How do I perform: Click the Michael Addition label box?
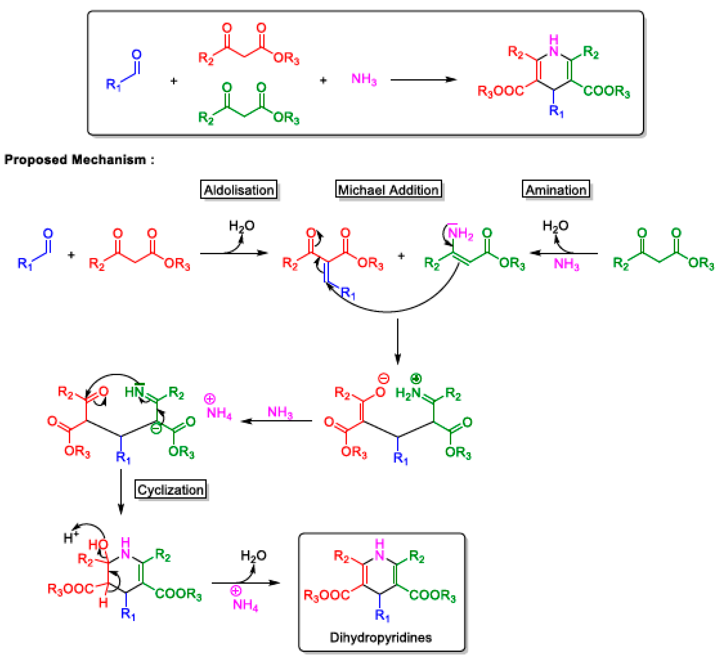[388, 189]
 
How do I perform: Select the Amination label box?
[556, 189]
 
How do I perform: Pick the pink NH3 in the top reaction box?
[364, 79]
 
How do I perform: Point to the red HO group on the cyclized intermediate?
[98, 545]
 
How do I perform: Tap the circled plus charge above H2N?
[416, 378]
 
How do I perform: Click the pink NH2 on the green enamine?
[460, 234]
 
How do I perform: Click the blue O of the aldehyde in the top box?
[137, 55]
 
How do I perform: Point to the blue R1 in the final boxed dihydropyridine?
[382, 615]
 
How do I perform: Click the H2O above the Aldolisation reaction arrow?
[241, 226]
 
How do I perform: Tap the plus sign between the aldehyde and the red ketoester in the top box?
[174, 81]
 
